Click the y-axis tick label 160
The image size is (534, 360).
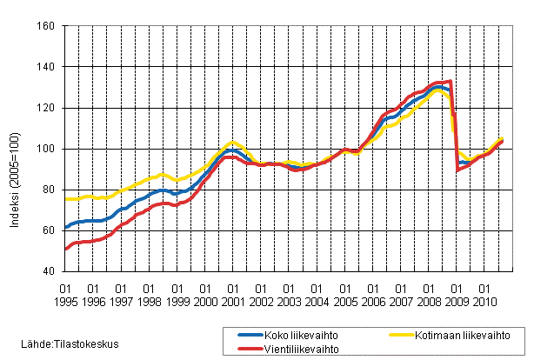[x=49, y=26]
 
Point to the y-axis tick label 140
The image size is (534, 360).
[x=49, y=67]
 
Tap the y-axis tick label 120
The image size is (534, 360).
[x=49, y=108]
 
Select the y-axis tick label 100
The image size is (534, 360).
[x=49, y=149]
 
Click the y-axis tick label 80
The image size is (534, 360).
[x=51, y=190]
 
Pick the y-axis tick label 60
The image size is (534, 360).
[x=51, y=230]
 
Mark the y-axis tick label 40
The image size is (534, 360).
[x=51, y=271]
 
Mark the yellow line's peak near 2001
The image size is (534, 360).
[x=231, y=141]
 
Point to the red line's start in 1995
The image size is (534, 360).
[x=66, y=250]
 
